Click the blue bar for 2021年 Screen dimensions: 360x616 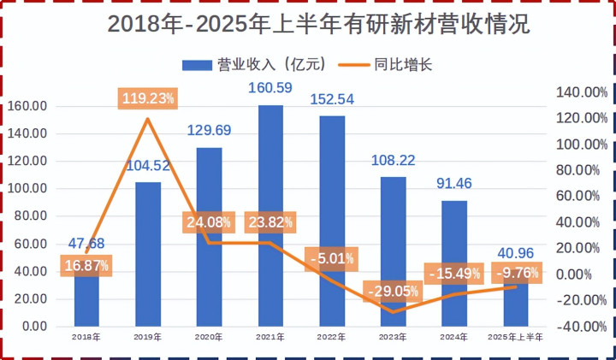coord(270,171)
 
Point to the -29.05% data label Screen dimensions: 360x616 coord(393,291)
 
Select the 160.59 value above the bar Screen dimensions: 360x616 coord(270,87)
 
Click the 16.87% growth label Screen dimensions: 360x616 coord(86,265)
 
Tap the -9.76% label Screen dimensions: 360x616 coord(517,273)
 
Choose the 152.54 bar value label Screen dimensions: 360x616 coord(331,98)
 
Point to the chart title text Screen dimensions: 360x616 coord(308,25)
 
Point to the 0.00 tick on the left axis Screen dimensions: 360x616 coord(33,327)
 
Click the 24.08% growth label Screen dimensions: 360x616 coord(209,221)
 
